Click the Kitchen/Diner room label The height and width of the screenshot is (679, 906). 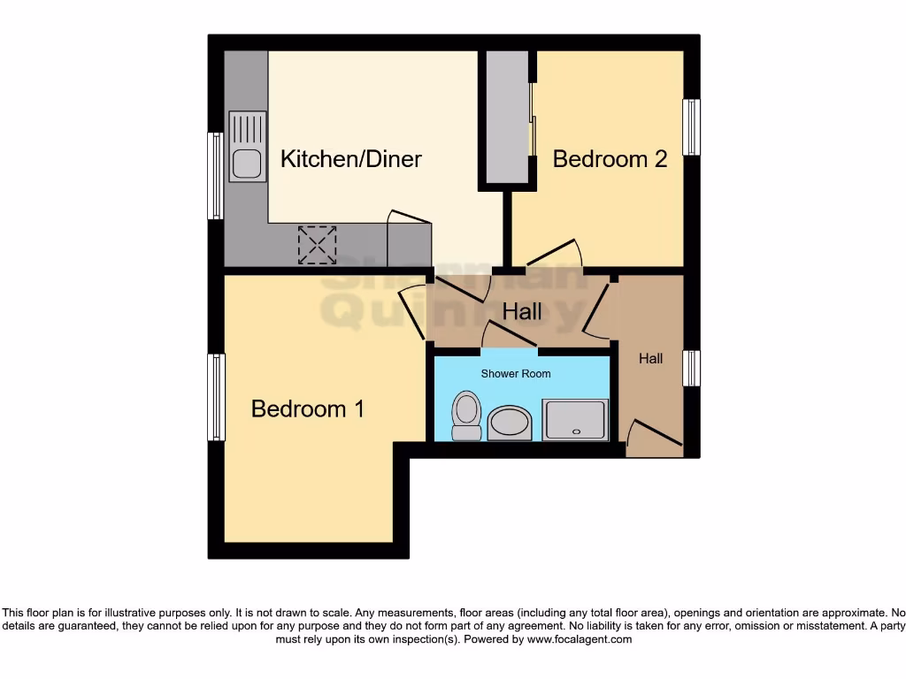coord(351,159)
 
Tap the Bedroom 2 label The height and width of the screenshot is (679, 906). coord(610,159)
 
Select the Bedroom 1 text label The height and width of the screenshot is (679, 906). coord(308,409)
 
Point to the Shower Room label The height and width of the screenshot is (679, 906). coord(516,374)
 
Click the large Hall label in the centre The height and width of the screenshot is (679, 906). coord(522,312)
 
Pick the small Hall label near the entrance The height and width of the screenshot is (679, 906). coord(651,359)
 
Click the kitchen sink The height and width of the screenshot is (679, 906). coord(247,147)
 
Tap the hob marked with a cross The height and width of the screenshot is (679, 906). coord(318,244)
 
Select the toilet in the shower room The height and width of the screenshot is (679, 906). coord(465,416)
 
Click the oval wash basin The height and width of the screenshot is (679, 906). coord(509,423)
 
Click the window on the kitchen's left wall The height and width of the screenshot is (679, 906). coord(215,175)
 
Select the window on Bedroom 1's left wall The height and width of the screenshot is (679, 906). coord(216,397)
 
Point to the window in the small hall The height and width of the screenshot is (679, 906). coord(691,368)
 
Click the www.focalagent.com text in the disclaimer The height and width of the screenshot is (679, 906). coord(580,639)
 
